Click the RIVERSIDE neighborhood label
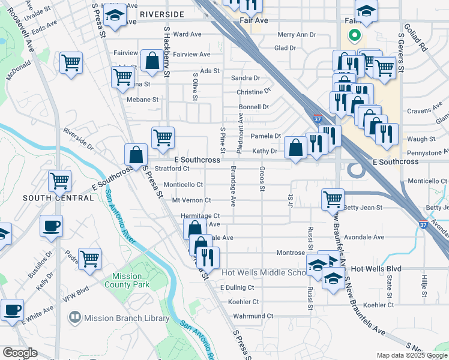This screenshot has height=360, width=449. coord(161,13)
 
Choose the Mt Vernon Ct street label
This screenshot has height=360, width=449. coord(191,200)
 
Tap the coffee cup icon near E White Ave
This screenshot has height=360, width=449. coord(12,311)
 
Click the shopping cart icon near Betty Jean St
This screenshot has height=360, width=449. coord(333,199)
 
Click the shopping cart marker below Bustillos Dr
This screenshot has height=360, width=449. coord(89,259)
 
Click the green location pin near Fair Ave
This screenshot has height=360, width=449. coord(354,36)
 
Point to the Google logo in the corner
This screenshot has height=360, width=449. coord(19,353)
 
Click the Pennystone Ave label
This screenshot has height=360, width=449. coord(428,153)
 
